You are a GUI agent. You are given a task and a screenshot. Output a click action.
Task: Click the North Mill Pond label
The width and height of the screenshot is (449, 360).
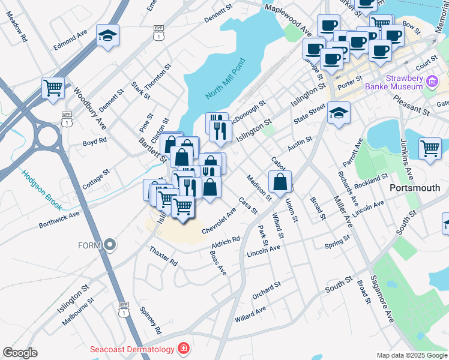226,79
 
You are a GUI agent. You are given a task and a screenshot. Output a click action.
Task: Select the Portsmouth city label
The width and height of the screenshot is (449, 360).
415,187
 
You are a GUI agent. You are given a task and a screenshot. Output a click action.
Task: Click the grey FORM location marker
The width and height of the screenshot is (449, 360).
109,245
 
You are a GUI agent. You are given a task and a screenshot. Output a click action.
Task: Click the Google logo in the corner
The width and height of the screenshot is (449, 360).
20,353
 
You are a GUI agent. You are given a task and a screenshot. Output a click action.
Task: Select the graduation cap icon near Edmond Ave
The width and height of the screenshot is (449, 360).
107,35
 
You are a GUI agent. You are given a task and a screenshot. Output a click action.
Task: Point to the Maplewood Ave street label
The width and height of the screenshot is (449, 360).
288,19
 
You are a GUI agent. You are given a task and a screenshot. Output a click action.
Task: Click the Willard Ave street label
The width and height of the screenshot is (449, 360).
250,313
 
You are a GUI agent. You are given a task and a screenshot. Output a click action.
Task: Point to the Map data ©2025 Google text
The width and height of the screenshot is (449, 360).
412,355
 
